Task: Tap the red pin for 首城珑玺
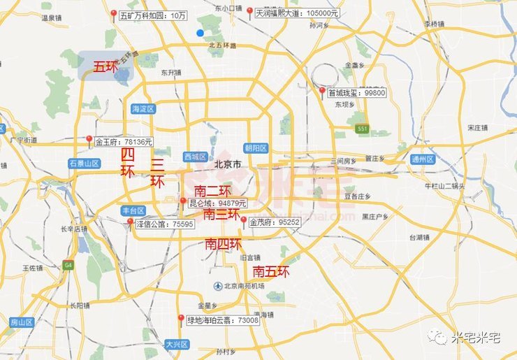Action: pyautogui.click(x=322, y=92)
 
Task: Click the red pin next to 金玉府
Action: pyautogui.click(x=89, y=140)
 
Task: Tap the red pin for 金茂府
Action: pyautogui.click(x=243, y=221)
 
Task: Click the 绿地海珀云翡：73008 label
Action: pyautogui.click(x=223, y=320)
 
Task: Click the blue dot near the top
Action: pyautogui.click(x=201, y=33)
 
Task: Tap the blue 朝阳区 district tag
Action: pyautogui.click(x=256, y=147)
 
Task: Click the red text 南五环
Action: pyautogui.click(x=271, y=271)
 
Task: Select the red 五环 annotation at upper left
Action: pyautogui.click(x=105, y=67)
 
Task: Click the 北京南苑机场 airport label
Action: pyautogui.click(x=244, y=286)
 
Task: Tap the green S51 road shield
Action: pyautogui.click(x=361, y=129)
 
